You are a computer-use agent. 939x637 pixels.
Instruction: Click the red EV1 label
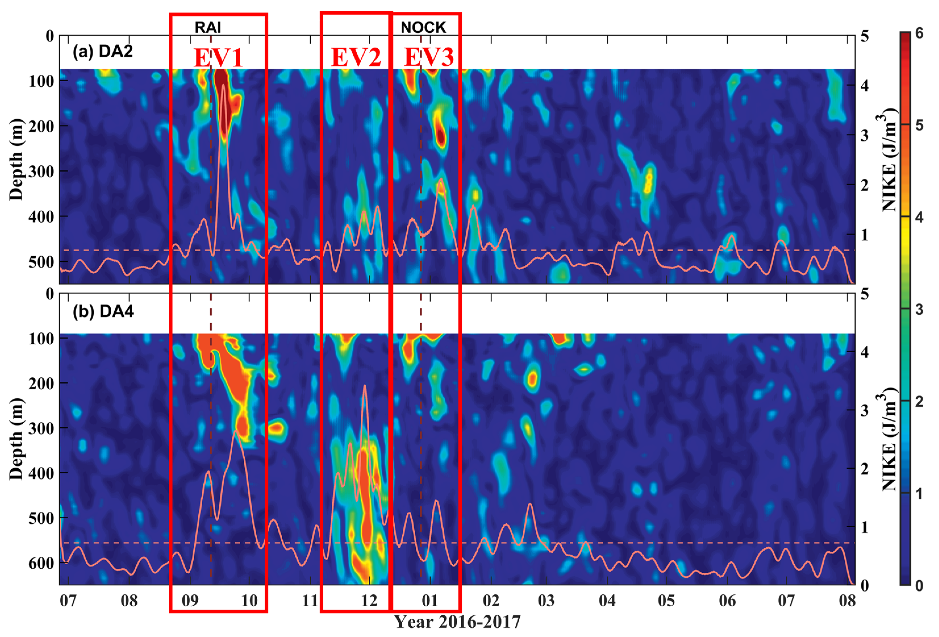218,57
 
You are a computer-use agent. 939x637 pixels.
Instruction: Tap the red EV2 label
356,57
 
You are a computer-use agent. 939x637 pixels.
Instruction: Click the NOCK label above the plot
423,28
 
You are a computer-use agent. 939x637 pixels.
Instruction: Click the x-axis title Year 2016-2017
457,622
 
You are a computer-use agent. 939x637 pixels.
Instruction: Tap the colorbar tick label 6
919,33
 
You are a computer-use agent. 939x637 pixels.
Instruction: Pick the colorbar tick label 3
919,310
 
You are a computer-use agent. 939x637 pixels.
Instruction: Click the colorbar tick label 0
919,585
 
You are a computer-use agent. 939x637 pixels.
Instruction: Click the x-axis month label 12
369,601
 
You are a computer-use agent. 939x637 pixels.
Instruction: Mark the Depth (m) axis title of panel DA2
16,160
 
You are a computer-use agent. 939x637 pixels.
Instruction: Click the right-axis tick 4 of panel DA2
864,86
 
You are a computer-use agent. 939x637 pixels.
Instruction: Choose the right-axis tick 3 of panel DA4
864,411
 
